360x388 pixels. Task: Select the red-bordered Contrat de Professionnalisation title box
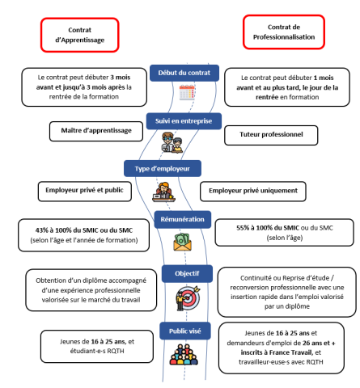pyautogui.click(x=283, y=32)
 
